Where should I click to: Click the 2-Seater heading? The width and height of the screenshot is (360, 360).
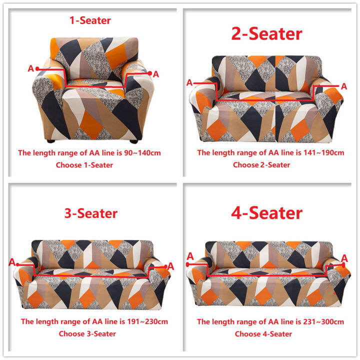tap(266, 33)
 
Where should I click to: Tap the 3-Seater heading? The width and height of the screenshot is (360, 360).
tap(90, 213)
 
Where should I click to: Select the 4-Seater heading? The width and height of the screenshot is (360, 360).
tap(266, 212)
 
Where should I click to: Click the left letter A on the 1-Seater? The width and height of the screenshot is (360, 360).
tap(30, 69)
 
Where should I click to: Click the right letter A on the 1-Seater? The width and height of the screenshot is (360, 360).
tap(155, 74)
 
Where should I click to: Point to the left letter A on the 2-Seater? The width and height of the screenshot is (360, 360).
tap(189, 82)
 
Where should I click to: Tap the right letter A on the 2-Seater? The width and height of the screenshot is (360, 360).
tap(344, 86)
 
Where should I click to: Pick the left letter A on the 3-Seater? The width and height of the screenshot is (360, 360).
tap(12, 262)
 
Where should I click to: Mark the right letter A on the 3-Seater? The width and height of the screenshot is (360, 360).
tap(170, 265)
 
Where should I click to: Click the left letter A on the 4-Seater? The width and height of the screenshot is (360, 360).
tap(189, 256)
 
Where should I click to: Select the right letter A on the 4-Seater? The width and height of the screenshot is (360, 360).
tap(344, 257)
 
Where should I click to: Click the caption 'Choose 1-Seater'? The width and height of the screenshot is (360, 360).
tap(84, 164)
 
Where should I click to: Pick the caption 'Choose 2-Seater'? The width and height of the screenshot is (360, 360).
tap(261, 164)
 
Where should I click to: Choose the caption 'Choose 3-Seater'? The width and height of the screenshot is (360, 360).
tap(87, 333)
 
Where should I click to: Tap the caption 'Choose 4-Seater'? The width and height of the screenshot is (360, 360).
tap(263, 333)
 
